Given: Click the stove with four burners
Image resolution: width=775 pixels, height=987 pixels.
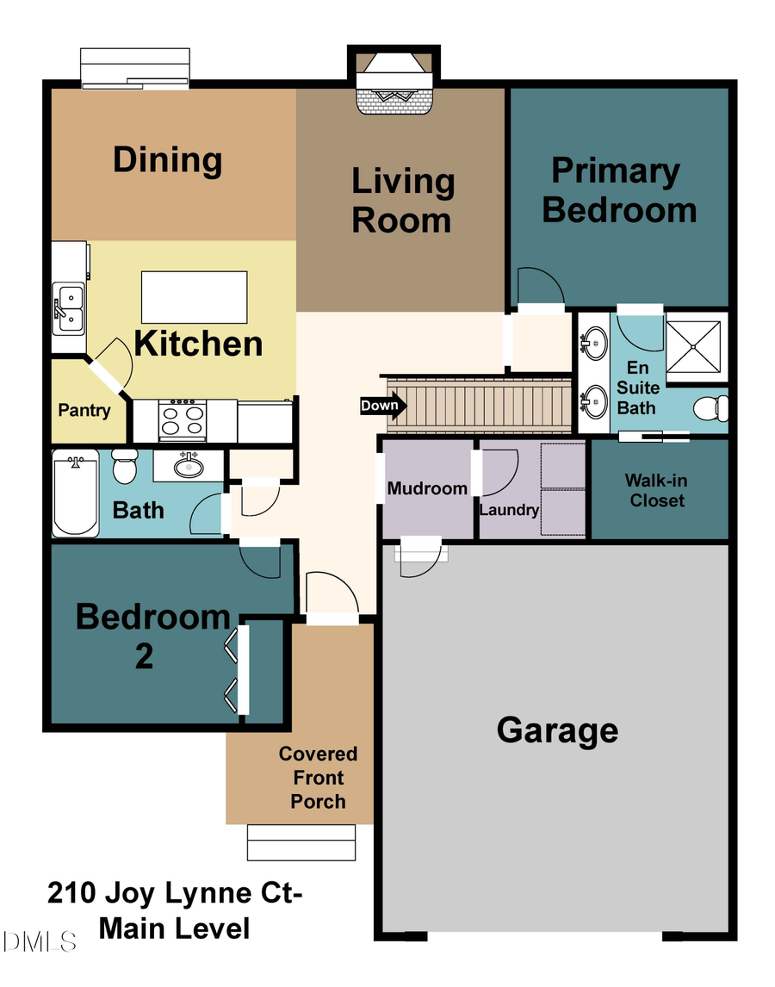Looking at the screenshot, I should click(183, 421).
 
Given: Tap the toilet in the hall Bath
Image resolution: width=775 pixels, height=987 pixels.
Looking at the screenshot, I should click(126, 466).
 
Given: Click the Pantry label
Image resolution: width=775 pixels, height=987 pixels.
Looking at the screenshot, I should click(84, 410).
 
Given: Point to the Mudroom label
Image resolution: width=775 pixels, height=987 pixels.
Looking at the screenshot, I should click(427, 489).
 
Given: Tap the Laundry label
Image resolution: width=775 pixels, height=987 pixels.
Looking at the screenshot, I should click(509, 510).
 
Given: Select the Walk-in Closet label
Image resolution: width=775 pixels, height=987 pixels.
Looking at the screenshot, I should click(657, 490).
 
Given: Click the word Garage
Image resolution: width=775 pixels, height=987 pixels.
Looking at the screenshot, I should click(557, 729).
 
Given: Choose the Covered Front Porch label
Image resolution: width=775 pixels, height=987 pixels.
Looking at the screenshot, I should click(318, 778).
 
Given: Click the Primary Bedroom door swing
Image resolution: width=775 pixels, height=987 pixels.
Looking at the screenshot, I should click(540, 289).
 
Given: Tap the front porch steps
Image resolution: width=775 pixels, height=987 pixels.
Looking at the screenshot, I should click(301, 842).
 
